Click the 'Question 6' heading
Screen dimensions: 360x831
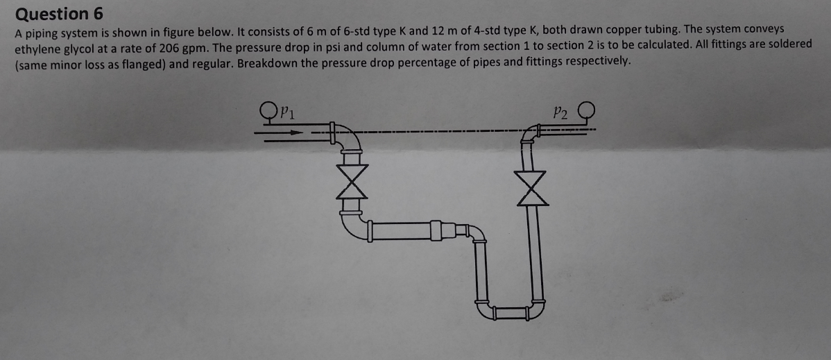click(x=52, y=13)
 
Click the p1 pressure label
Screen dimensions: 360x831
click(x=288, y=112)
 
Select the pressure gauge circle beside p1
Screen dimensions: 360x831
click(x=268, y=110)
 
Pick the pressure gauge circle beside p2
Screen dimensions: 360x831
click(x=586, y=110)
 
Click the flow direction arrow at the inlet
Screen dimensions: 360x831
click(x=284, y=135)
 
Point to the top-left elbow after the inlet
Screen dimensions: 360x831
click(x=349, y=139)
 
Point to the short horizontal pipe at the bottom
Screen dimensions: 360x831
click(x=508, y=312)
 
